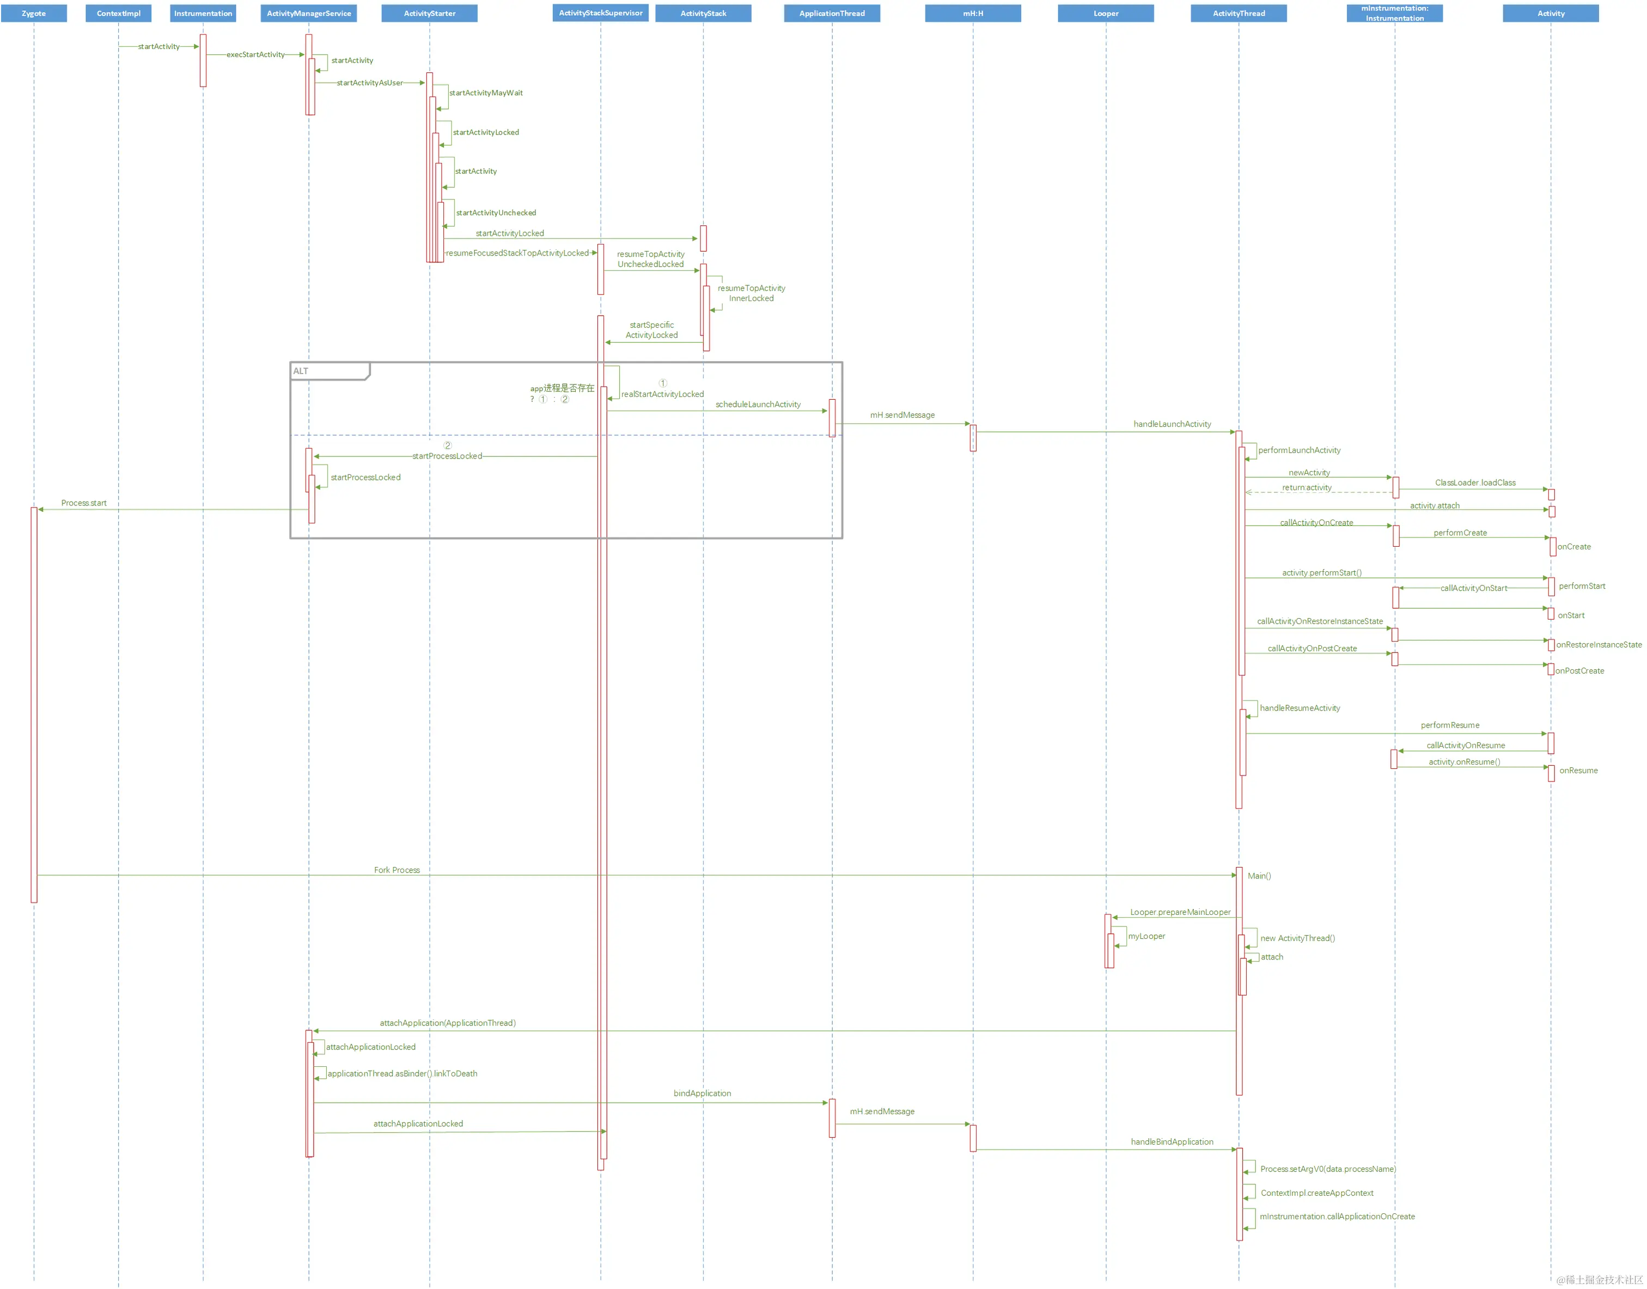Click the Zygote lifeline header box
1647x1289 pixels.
33,14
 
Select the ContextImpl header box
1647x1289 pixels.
119,14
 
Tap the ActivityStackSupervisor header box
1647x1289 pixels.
600,13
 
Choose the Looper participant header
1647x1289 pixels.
1105,14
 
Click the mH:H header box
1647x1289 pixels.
972,14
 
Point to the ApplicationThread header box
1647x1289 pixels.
832,14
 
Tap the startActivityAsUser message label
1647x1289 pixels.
369,83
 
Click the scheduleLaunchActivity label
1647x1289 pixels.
758,405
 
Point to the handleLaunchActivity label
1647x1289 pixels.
1172,424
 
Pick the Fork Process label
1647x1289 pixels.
396,870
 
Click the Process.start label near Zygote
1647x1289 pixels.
84,503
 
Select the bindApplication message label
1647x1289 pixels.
702,1093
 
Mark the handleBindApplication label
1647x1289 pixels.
1172,1142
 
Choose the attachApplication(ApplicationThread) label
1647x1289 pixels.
448,1023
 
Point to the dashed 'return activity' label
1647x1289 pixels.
1307,487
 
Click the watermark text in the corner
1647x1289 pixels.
1599,1279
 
